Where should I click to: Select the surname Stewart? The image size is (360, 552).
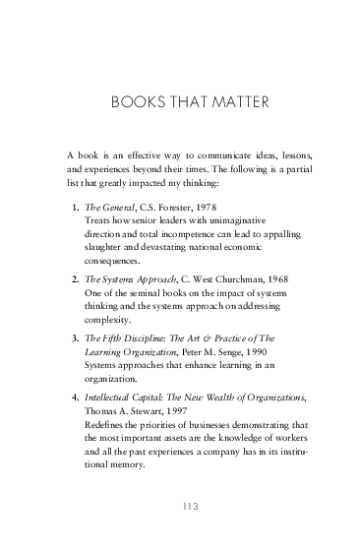click(x=139, y=410)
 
